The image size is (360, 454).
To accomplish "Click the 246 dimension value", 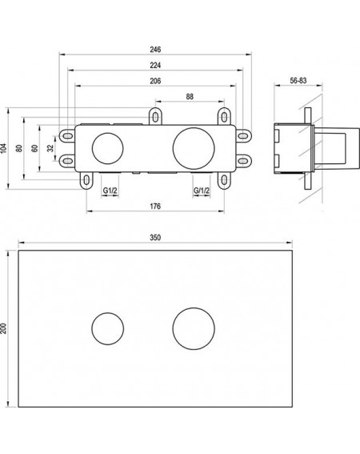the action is tap(155, 50).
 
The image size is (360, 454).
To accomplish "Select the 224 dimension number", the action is tap(155, 66).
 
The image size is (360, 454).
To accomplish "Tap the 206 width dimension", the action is tap(155, 81).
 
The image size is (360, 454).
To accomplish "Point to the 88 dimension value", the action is tap(190, 97).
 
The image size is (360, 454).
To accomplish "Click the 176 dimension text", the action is tap(155, 207).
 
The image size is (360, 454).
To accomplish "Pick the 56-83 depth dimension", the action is tap(298, 81).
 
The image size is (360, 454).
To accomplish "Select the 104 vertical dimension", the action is tap(3, 148).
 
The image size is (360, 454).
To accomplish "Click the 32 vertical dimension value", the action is tap(50, 148).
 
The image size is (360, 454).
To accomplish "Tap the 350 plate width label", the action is tap(155, 238).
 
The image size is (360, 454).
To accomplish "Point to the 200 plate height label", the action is tap(3, 328).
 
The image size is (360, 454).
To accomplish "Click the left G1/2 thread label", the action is tap(110, 191).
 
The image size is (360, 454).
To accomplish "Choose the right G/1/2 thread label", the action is tap(202, 191).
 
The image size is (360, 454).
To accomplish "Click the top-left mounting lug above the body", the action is tap(155, 116).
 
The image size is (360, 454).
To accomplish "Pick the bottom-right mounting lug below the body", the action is tap(224, 180).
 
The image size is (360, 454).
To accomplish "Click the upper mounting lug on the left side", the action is tap(67, 135).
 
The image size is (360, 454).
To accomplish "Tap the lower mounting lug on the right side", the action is tap(244, 160).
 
